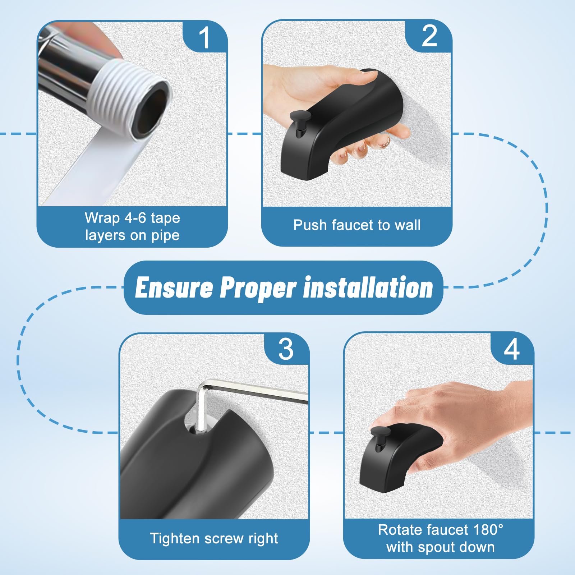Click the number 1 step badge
pos(204,37)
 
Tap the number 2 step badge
pos(429,36)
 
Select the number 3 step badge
pos(286,349)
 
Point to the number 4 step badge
pos(512,349)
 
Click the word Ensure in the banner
pos(174,288)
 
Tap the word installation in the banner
pos(368,288)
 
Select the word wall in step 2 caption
pos(407,225)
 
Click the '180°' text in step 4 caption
pos(488,530)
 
